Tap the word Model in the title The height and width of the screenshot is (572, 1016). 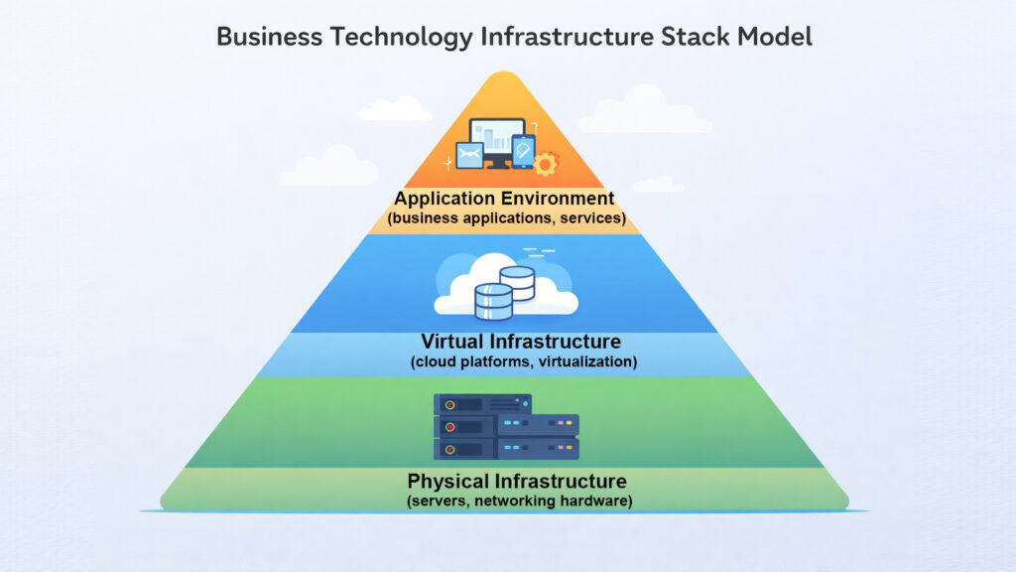[775, 37]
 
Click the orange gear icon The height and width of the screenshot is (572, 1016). [546, 163]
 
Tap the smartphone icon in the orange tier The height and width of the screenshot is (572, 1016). [522, 152]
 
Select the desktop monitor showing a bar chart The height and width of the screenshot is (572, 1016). [496, 140]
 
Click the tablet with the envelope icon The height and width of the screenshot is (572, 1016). [469, 156]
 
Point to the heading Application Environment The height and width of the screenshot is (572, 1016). [504, 198]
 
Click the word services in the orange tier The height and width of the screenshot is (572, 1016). [590, 217]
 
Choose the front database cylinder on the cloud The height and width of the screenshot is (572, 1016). [493, 301]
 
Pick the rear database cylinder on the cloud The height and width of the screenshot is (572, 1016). [516, 283]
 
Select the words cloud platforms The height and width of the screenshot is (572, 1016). [465, 362]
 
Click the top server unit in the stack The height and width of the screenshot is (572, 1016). [483, 404]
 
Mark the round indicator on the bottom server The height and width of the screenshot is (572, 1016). [449, 450]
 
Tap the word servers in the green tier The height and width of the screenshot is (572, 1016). [440, 501]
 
